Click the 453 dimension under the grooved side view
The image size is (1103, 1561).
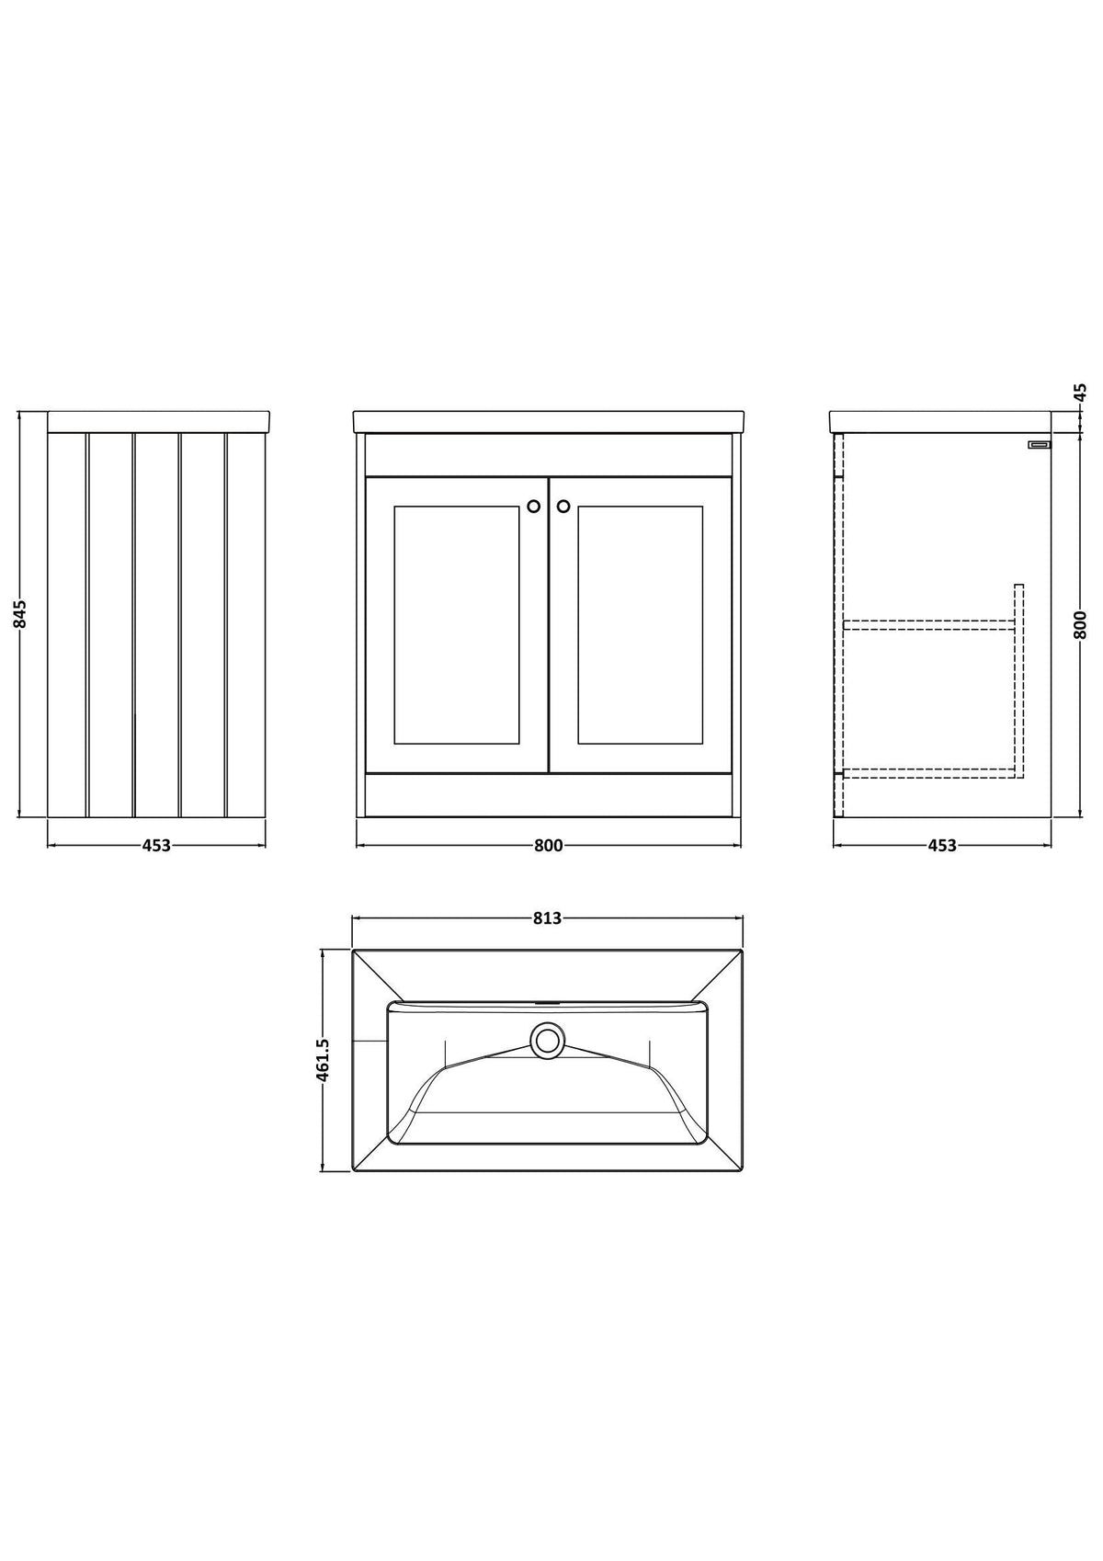[x=156, y=845]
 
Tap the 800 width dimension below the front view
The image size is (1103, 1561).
[x=549, y=845]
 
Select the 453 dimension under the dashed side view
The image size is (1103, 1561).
[x=942, y=845]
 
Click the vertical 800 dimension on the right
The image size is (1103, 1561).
[x=1080, y=624]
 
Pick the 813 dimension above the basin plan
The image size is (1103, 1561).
[x=548, y=918]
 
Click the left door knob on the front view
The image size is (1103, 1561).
[x=534, y=506]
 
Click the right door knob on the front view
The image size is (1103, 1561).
[x=563, y=506]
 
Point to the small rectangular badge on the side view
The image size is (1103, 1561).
[x=1039, y=444]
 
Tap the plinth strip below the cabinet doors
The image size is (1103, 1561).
[x=549, y=795]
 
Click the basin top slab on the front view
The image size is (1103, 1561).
[x=549, y=422]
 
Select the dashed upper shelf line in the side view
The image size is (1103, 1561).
[x=929, y=625]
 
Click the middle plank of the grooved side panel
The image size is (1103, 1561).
[x=156, y=625]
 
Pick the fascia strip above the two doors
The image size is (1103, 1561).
[x=549, y=456]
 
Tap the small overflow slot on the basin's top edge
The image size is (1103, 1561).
[x=548, y=1004]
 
